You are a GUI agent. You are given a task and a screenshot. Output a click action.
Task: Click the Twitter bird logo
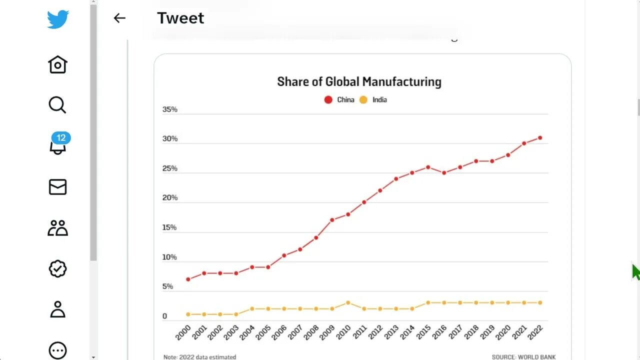point(58,19)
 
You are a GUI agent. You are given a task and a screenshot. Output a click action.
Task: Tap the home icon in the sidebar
point(57,64)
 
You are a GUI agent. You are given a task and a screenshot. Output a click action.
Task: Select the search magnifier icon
point(57,105)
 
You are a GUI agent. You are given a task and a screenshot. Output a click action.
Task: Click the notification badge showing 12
point(61,138)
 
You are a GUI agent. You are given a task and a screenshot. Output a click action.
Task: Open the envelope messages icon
point(57,187)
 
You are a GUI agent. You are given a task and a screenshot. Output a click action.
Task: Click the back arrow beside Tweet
point(119,18)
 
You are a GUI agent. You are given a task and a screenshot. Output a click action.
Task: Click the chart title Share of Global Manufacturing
point(359,81)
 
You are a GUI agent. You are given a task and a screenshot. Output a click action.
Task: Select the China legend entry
point(339,99)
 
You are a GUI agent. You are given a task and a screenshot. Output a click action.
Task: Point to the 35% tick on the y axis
point(170,109)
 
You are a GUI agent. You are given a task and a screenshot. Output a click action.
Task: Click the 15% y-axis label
point(170,227)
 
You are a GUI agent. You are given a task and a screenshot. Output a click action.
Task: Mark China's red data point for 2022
point(540,137)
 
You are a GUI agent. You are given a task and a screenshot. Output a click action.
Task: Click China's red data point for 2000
point(188,279)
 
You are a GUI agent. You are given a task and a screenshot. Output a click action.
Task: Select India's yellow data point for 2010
point(348,302)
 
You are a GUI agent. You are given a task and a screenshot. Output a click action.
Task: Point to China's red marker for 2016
point(444,172)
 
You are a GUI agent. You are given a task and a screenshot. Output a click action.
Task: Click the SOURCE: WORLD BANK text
point(523,357)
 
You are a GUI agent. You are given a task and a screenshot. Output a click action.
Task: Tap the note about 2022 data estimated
point(199,357)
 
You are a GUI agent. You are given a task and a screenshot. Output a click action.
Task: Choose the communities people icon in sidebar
point(57,228)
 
